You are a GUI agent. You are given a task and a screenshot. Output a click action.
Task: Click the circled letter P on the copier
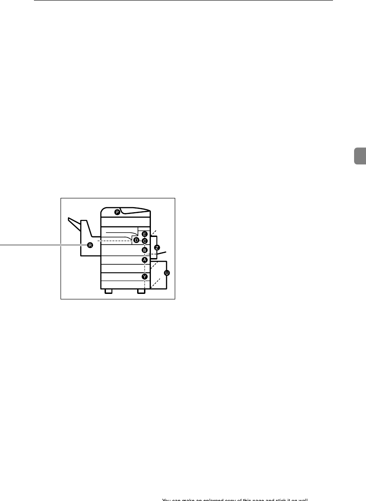point(117,212)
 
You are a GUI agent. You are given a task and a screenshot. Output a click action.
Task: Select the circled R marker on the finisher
point(90,245)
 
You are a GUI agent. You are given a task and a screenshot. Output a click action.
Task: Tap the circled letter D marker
point(136,240)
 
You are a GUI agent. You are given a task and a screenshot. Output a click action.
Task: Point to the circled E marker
point(144,234)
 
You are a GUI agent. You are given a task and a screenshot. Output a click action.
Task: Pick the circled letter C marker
point(144,241)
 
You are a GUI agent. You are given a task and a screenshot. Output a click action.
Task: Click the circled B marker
point(144,250)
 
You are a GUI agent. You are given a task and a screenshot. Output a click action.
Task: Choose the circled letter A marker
point(144,259)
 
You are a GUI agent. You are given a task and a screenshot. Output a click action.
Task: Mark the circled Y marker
point(144,276)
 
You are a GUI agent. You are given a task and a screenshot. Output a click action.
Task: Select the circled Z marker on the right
point(157,247)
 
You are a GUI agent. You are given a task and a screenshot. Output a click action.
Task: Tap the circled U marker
point(166,273)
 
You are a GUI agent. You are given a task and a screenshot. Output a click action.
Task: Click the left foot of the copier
point(108,292)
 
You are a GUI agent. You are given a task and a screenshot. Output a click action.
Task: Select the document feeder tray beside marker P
point(136,212)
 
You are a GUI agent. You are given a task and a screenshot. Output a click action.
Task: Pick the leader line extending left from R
point(41,245)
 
